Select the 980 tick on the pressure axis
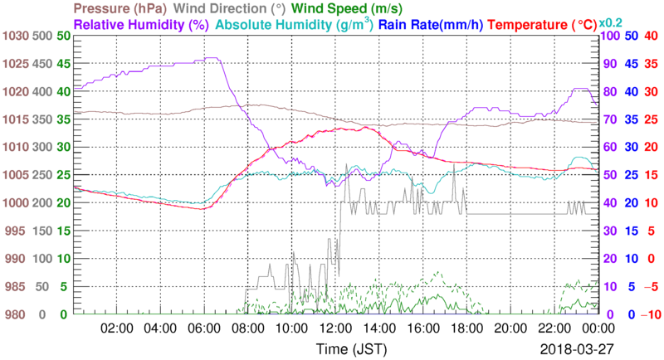(x=17, y=314)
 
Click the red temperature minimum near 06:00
(x=202, y=209)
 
